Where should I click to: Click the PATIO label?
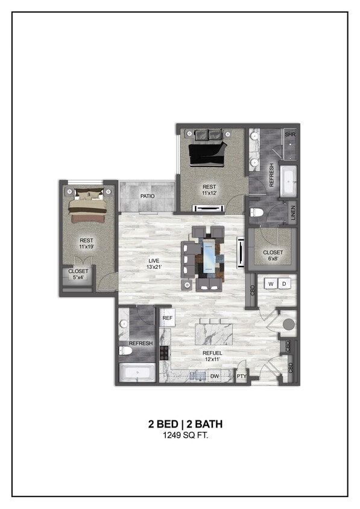147,196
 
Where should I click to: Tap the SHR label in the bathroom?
290,134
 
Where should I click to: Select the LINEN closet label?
293,213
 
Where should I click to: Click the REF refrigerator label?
167,317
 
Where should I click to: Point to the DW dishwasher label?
214,376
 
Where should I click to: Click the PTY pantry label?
241,376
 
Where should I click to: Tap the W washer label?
271,283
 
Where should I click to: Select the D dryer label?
285,283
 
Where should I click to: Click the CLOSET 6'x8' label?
273,256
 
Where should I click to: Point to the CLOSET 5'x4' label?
78,274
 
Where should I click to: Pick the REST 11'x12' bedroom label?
209,190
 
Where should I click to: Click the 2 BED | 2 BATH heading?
180,424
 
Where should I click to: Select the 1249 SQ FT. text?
180,435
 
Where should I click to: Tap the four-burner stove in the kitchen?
164,352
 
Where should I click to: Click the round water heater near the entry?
289,324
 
